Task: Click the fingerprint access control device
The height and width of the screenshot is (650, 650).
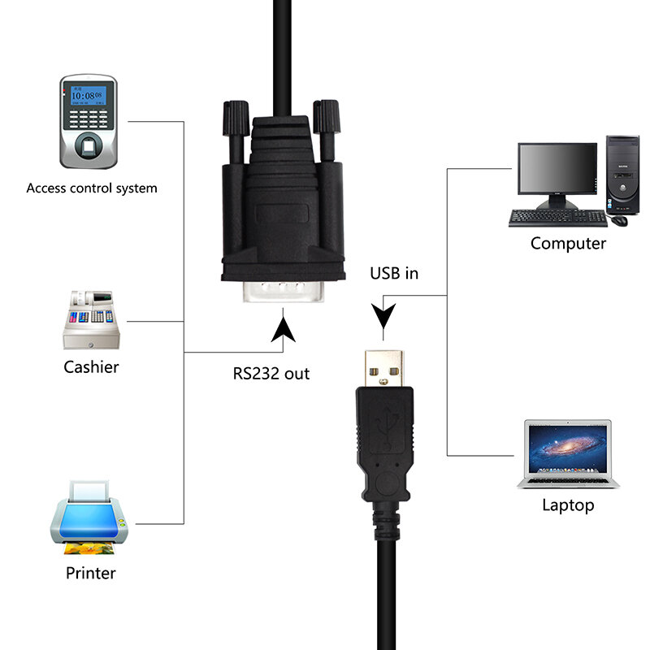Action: (88, 121)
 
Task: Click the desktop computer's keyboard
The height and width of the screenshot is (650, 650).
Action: (557, 218)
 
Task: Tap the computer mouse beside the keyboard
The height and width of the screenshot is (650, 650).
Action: (620, 219)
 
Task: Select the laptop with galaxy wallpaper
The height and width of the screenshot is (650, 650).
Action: (568, 454)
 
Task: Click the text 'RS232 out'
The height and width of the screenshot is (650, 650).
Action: (271, 374)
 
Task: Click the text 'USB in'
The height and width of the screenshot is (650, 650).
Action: (394, 273)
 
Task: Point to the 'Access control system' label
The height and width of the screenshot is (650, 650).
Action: (92, 188)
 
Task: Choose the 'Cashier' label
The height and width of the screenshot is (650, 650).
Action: (91, 367)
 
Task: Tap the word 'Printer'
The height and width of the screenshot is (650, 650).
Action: (90, 573)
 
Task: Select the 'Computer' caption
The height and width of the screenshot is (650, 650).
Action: (568, 243)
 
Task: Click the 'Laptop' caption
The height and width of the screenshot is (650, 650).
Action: (568, 505)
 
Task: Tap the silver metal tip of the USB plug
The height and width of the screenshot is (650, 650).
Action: (384, 368)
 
